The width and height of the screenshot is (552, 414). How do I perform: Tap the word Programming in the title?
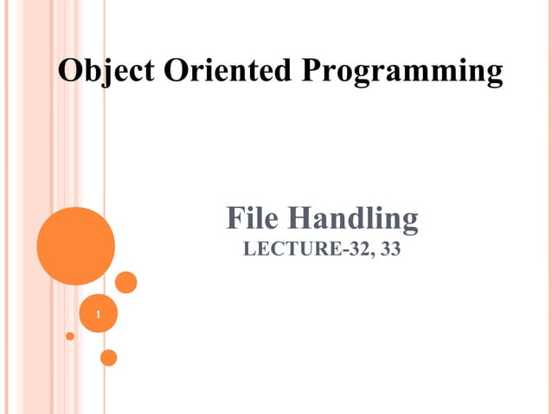pyautogui.click(x=401, y=72)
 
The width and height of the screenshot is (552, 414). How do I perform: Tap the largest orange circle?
pyautogui.click(x=76, y=246)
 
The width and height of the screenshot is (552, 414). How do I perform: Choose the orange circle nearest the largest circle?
pyautogui.click(x=126, y=282)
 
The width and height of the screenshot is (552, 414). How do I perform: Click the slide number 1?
pyautogui.click(x=99, y=314)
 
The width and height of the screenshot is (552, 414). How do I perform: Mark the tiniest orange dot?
pyautogui.click(x=70, y=335)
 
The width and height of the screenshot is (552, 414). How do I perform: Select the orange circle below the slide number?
pyautogui.click(x=109, y=357)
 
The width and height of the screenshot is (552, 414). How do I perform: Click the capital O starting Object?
pyautogui.click(x=70, y=70)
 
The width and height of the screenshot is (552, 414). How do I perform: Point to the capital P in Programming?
pyautogui.click(x=311, y=70)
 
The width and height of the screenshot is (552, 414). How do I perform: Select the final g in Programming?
pyautogui.click(x=492, y=74)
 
